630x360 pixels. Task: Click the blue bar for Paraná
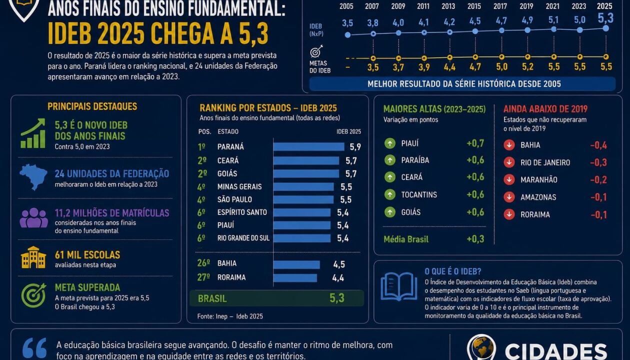tap(309, 146)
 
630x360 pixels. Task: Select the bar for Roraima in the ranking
tap(295, 278)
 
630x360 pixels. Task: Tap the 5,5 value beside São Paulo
tap(346, 199)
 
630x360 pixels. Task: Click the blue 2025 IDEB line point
tap(606, 28)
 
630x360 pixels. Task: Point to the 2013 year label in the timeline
tap(448, 6)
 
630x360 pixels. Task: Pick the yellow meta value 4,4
tap(449, 67)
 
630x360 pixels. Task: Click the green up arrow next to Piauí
tap(390, 143)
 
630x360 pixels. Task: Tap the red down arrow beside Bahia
tap(509, 145)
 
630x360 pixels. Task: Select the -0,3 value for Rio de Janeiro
tap(598, 162)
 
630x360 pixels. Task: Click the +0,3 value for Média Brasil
tap(475, 239)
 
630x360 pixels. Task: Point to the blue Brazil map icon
tap(33, 177)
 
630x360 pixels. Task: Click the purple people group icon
tap(34, 217)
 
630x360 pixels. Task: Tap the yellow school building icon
tap(33, 257)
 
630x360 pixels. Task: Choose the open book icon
tap(399, 286)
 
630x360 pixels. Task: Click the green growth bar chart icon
tap(33, 133)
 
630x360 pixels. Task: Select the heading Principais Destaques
tap(92, 106)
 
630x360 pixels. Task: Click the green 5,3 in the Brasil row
tap(337, 298)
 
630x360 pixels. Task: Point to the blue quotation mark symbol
tap(34, 349)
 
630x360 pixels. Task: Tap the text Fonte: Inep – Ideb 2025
tap(230, 316)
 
